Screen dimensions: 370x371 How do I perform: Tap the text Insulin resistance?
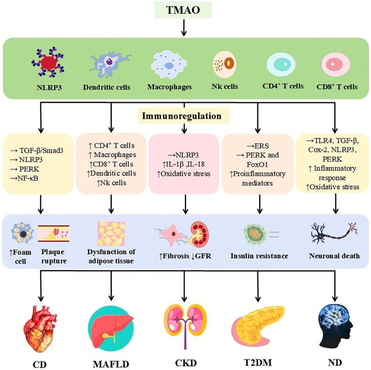(x=258, y=256)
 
